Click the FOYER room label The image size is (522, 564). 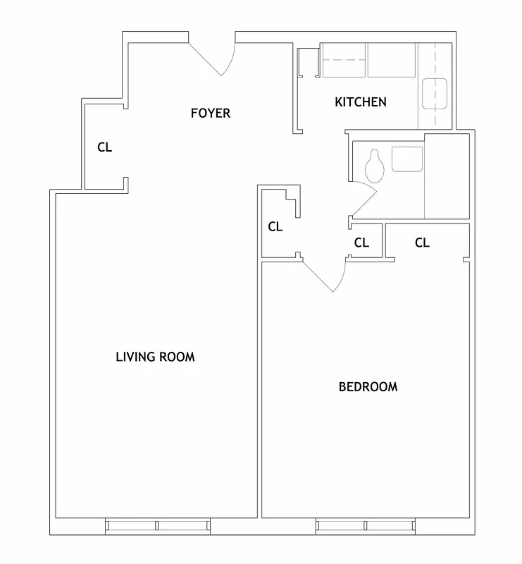211,113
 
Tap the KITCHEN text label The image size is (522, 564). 360,102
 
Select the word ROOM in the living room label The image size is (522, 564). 178,357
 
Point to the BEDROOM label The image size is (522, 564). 368,386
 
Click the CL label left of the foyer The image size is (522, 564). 104,147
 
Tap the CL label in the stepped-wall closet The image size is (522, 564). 275,227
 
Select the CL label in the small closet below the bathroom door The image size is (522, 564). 361,243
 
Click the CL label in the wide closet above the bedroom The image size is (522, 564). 422,243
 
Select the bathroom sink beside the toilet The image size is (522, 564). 407,159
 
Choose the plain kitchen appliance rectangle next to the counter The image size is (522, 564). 392,60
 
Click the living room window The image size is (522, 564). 158,525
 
